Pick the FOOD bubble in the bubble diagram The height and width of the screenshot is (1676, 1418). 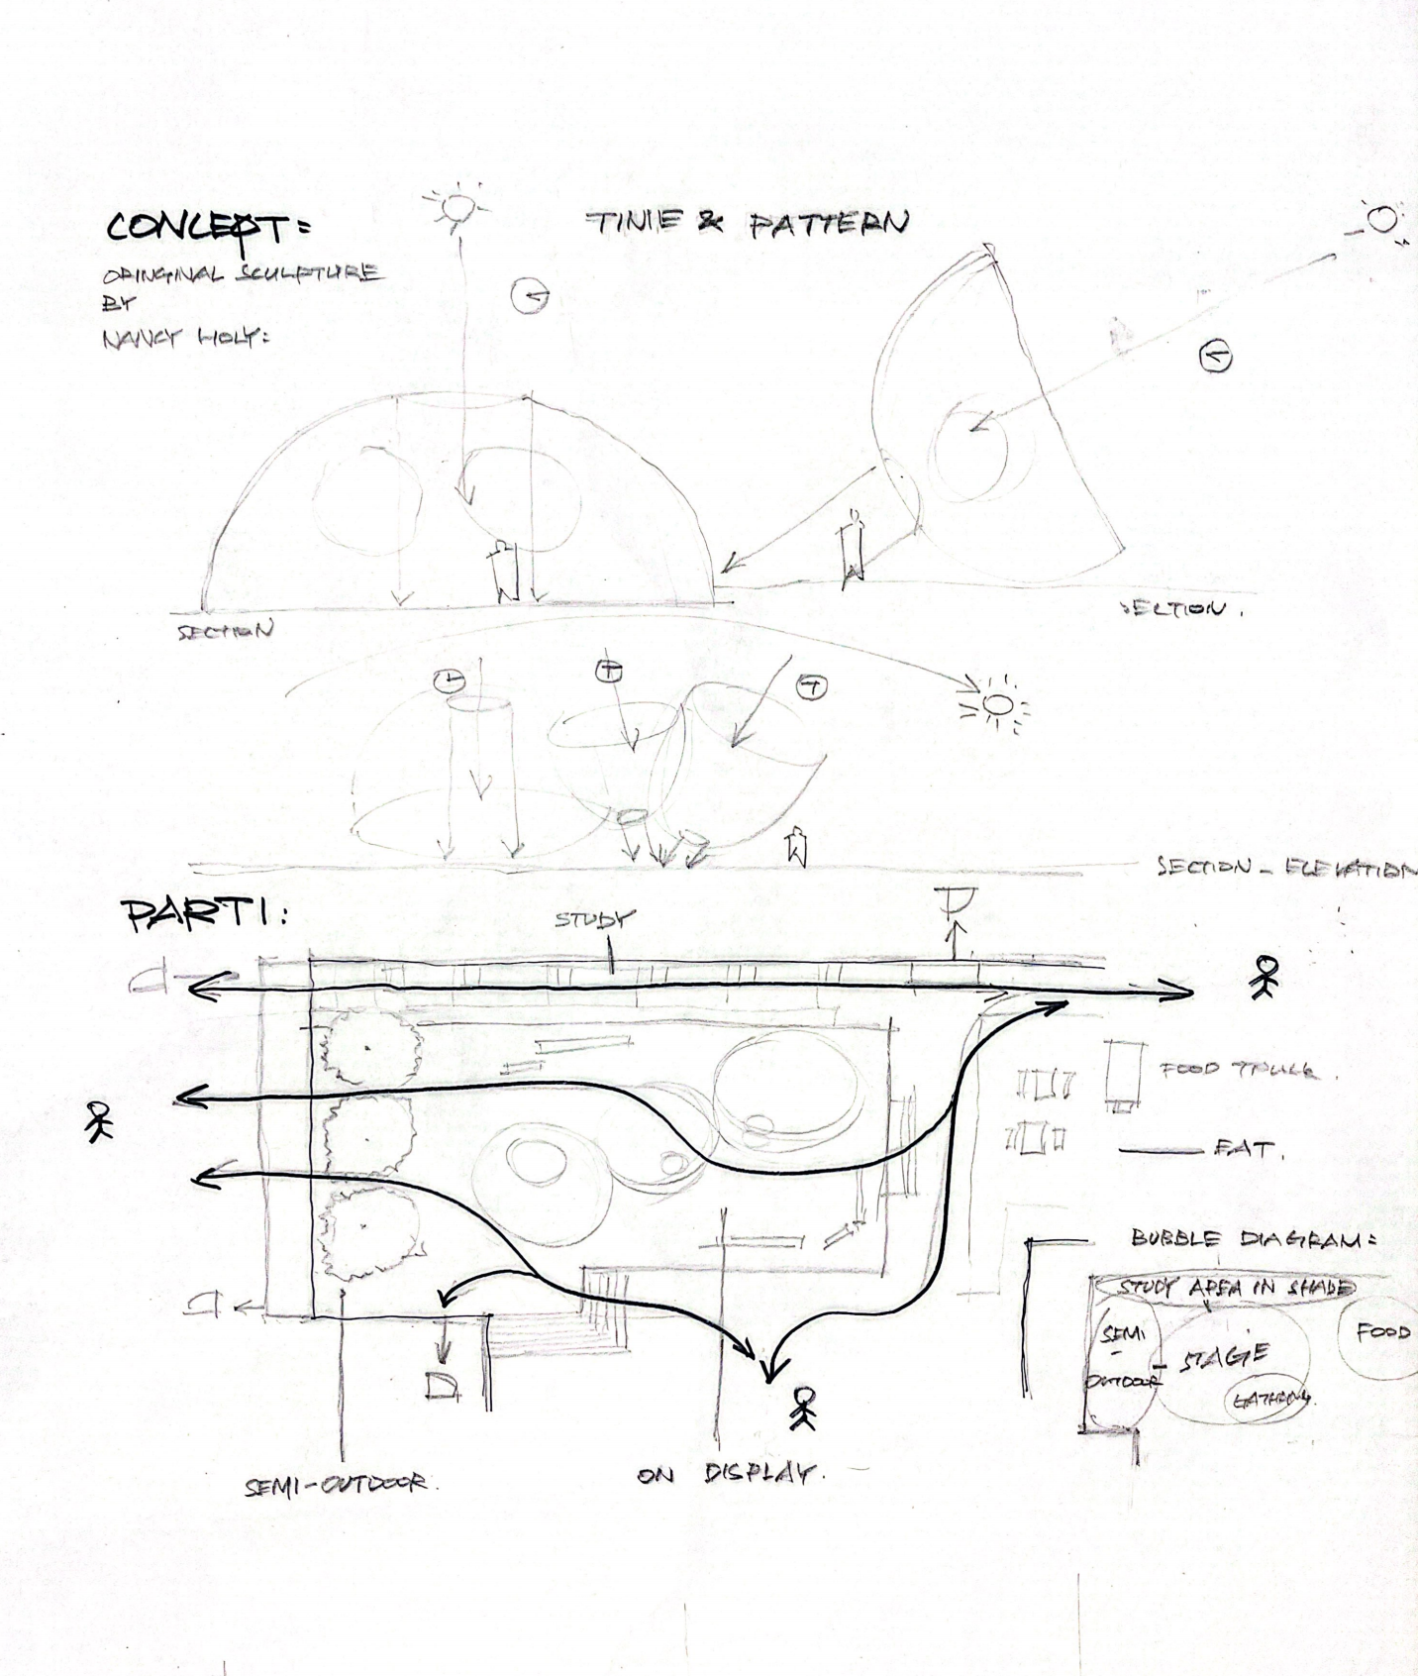click(1381, 1332)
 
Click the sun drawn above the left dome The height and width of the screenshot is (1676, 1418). click(456, 207)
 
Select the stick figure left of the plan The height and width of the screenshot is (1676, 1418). click(98, 1121)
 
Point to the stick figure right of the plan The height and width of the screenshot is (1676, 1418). click(1265, 976)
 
